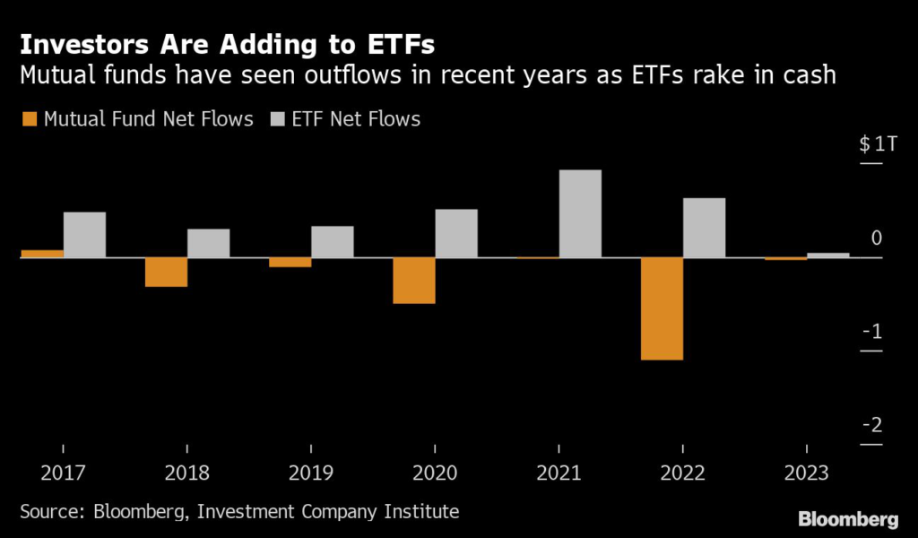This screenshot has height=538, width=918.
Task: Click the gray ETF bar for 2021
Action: (x=580, y=213)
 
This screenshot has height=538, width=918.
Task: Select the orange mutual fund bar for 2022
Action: (x=662, y=308)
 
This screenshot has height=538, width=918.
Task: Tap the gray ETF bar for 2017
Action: (x=84, y=235)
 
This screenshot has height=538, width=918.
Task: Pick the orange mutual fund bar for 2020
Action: (x=413, y=281)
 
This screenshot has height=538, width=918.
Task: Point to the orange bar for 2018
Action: (x=166, y=272)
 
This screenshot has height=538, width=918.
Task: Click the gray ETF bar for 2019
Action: (x=332, y=241)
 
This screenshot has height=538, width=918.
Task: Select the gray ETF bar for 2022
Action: (x=704, y=228)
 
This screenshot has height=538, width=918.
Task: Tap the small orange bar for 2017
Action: (x=42, y=254)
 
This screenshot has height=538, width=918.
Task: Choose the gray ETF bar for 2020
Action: (x=456, y=233)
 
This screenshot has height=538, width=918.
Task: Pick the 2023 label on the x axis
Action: (x=806, y=472)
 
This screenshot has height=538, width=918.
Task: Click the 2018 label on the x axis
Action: (x=186, y=472)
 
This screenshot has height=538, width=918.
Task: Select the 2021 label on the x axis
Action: (x=559, y=472)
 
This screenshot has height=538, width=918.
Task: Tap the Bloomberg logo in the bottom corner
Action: (x=849, y=518)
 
